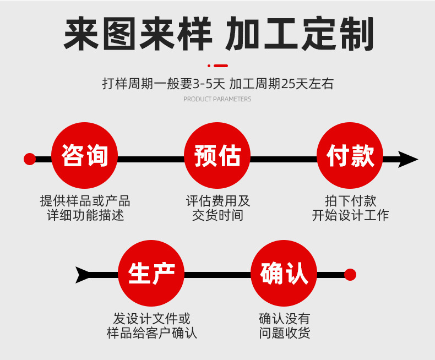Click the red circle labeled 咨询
point(84,156)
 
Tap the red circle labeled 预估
point(217,156)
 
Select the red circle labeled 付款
point(350,156)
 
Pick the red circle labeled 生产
point(151,273)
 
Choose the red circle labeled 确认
point(284,273)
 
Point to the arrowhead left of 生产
point(84,274)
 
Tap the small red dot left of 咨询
point(30,159)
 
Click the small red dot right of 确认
point(350,274)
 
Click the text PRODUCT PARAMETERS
point(217,100)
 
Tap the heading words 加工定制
point(300,34)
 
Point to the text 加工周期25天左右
point(281,84)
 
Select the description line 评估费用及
point(218,201)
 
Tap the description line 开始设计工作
point(350,215)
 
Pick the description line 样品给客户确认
point(151,332)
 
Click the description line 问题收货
point(284,332)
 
